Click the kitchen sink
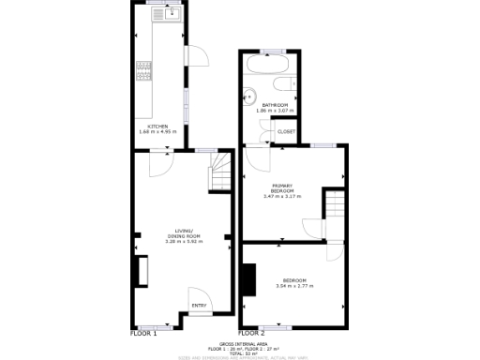coord(172,15)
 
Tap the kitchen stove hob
coord(144,71)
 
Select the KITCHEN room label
coord(157,126)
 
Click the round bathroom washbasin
coord(248,94)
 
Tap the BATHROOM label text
coord(275,105)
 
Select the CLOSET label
coord(287,132)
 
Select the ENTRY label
coord(199,305)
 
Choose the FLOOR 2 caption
coord(251,333)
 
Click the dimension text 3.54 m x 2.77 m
coord(294,286)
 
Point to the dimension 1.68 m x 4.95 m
coord(157,131)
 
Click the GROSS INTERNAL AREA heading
coord(239,344)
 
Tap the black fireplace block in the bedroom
coord(248,278)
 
